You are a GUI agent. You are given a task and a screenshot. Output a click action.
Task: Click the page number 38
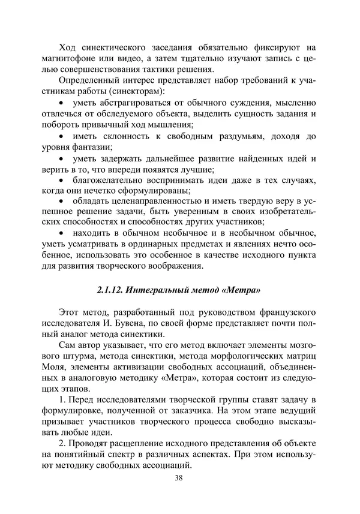pos(179,478)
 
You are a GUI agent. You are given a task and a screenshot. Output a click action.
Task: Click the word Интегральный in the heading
pos(158,291)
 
